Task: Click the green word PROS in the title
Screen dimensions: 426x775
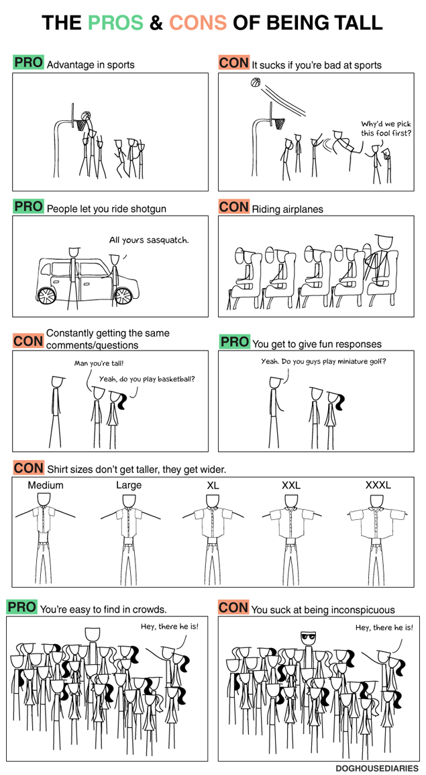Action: point(116,22)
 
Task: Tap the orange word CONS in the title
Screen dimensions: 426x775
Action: point(198,22)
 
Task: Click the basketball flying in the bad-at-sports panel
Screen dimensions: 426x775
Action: point(255,83)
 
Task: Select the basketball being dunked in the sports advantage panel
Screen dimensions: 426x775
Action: point(86,116)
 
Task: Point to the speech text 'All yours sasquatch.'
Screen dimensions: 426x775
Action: point(149,240)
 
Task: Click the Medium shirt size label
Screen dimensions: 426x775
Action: point(46,486)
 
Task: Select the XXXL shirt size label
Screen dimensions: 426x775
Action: point(378,486)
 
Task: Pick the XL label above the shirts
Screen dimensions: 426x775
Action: point(213,486)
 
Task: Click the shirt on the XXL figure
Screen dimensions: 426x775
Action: point(290,523)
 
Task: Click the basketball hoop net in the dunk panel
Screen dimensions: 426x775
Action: point(81,124)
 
